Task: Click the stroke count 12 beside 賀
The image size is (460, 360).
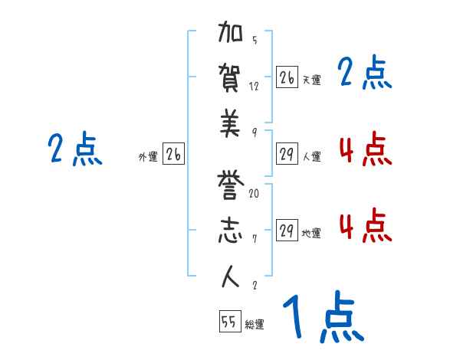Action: [x=254, y=86]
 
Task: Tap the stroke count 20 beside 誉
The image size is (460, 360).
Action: [x=254, y=194]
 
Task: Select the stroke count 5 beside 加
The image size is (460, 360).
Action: [x=254, y=41]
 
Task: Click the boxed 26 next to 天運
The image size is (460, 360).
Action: [x=287, y=77]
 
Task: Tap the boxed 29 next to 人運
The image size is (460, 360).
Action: [x=287, y=154]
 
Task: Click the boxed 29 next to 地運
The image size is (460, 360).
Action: [x=287, y=231]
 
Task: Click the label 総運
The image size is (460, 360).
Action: [x=255, y=324]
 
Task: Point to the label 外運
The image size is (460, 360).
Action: [x=148, y=156]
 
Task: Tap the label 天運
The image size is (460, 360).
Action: [x=311, y=80]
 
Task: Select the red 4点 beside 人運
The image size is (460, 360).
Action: [x=365, y=149]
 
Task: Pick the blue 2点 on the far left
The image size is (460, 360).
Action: [x=75, y=149]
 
